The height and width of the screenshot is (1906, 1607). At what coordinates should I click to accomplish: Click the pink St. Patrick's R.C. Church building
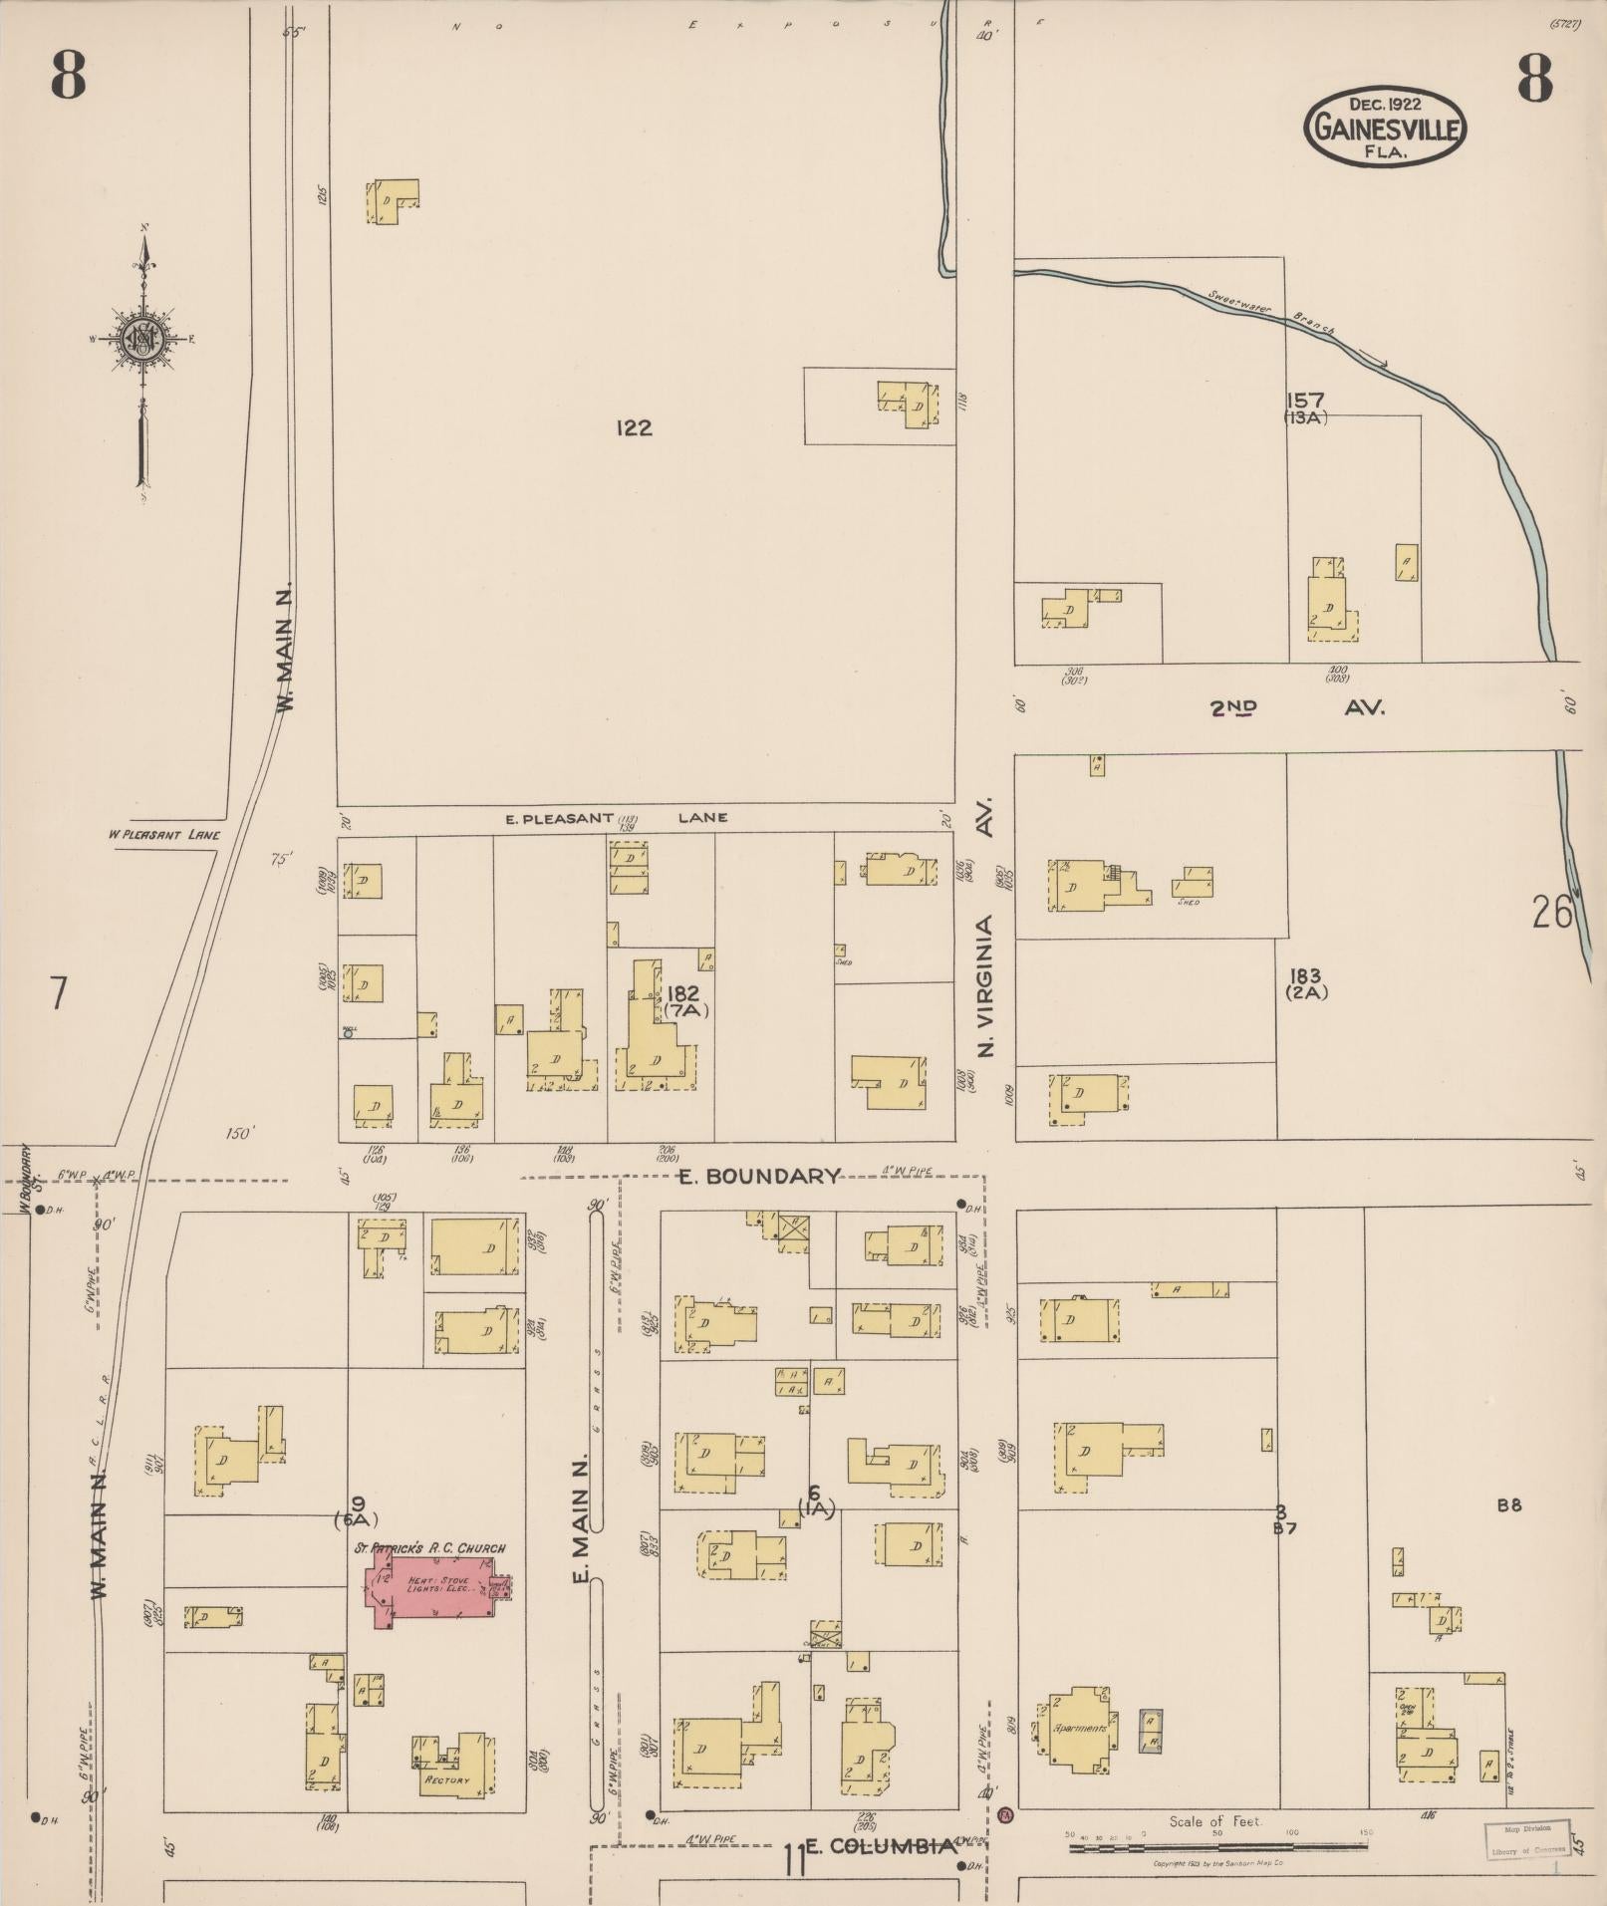click(x=433, y=1591)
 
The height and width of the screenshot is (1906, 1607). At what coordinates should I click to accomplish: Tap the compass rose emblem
click(x=141, y=339)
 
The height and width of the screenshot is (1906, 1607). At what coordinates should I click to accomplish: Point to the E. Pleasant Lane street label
click(x=616, y=818)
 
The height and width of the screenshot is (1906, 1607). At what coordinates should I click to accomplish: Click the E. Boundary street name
click(x=759, y=1176)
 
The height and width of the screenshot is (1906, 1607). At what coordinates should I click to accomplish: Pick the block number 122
click(x=634, y=428)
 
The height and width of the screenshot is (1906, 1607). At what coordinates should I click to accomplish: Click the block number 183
click(x=1305, y=976)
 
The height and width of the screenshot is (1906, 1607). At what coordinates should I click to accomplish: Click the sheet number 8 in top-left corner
click(x=68, y=77)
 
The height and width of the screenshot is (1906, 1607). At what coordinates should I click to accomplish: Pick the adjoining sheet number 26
click(x=1551, y=912)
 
